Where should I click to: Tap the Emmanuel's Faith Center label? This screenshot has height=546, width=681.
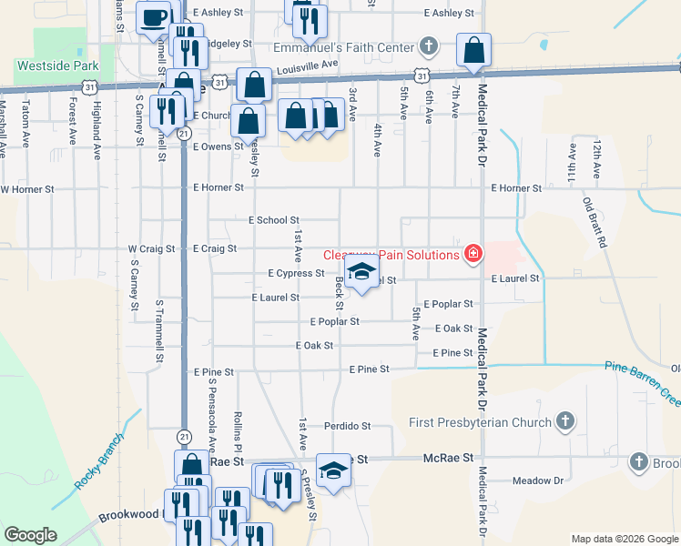(x=345, y=46)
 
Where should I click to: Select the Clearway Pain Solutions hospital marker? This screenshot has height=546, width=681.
(x=473, y=254)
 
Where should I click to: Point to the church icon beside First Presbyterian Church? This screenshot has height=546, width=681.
(x=565, y=421)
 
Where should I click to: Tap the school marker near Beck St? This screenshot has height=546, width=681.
(x=361, y=272)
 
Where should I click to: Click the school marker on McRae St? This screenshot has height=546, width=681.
(x=333, y=470)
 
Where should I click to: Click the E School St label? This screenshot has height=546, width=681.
(x=273, y=220)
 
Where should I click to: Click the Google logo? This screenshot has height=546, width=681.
(x=30, y=534)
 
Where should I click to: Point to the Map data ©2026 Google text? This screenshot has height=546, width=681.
(x=624, y=539)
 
